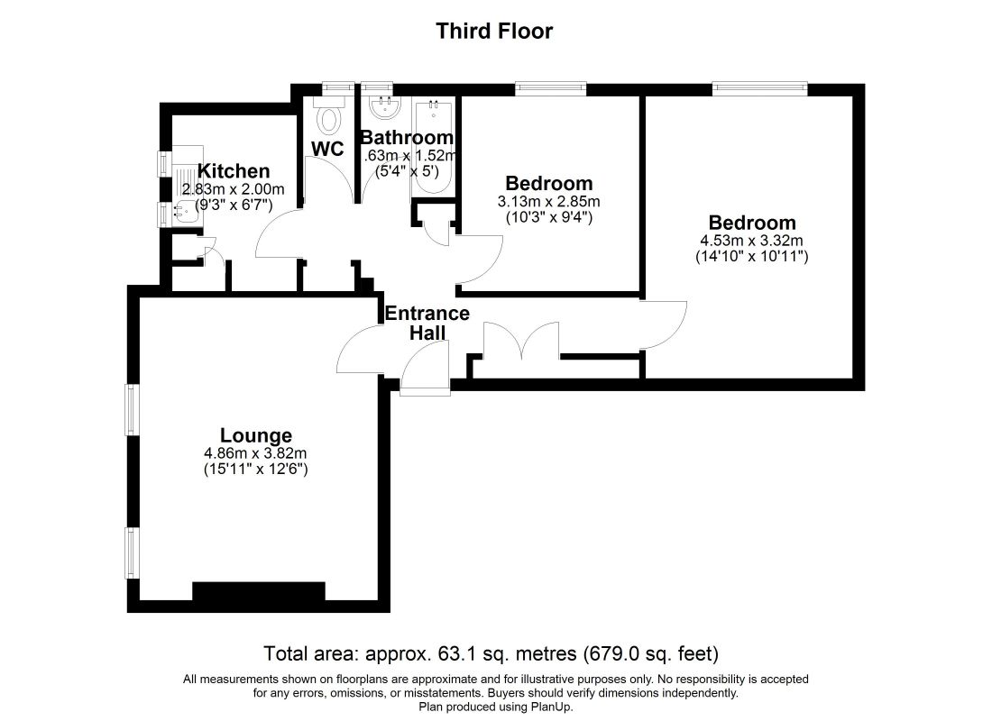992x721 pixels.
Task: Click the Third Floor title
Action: click(494, 32)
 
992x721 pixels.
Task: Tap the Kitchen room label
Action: click(234, 171)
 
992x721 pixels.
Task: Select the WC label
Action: click(328, 149)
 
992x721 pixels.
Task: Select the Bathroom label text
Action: click(406, 138)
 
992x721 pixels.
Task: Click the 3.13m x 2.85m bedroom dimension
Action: click(548, 201)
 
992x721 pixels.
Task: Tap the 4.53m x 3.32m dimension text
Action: click(751, 241)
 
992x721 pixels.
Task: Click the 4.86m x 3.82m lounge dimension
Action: click(256, 453)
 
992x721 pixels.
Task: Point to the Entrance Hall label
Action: click(427, 323)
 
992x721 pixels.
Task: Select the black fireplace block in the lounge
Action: click(258, 591)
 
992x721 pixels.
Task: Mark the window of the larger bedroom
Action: click(758, 88)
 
